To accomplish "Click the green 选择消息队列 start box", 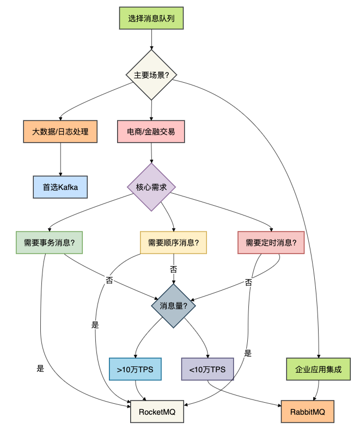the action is point(151,18).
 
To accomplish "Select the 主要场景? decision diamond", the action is point(151,75).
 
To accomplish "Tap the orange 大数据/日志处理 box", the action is point(60,132).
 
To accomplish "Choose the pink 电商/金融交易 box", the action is point(151,132).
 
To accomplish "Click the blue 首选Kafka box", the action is point(60,187).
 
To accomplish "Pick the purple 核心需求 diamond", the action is point(151,187).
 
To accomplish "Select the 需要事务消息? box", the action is point(50,243).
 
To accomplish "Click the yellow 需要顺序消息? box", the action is point(173,243).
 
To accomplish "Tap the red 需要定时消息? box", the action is point(271,243).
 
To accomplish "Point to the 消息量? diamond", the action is point(173,306).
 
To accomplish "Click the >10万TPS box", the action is point(135,370).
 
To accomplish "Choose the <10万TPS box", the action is point(208,370).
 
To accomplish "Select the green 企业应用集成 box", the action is point(319,370).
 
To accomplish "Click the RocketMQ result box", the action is point(157,411).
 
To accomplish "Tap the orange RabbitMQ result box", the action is point(308,411).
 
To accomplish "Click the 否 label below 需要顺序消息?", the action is point(173,269).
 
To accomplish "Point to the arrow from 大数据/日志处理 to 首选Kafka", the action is point(60,159).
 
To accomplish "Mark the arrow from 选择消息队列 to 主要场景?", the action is point(152,40).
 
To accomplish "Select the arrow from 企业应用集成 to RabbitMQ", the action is point(318,390).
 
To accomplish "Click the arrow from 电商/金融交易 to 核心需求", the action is point(151,153).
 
